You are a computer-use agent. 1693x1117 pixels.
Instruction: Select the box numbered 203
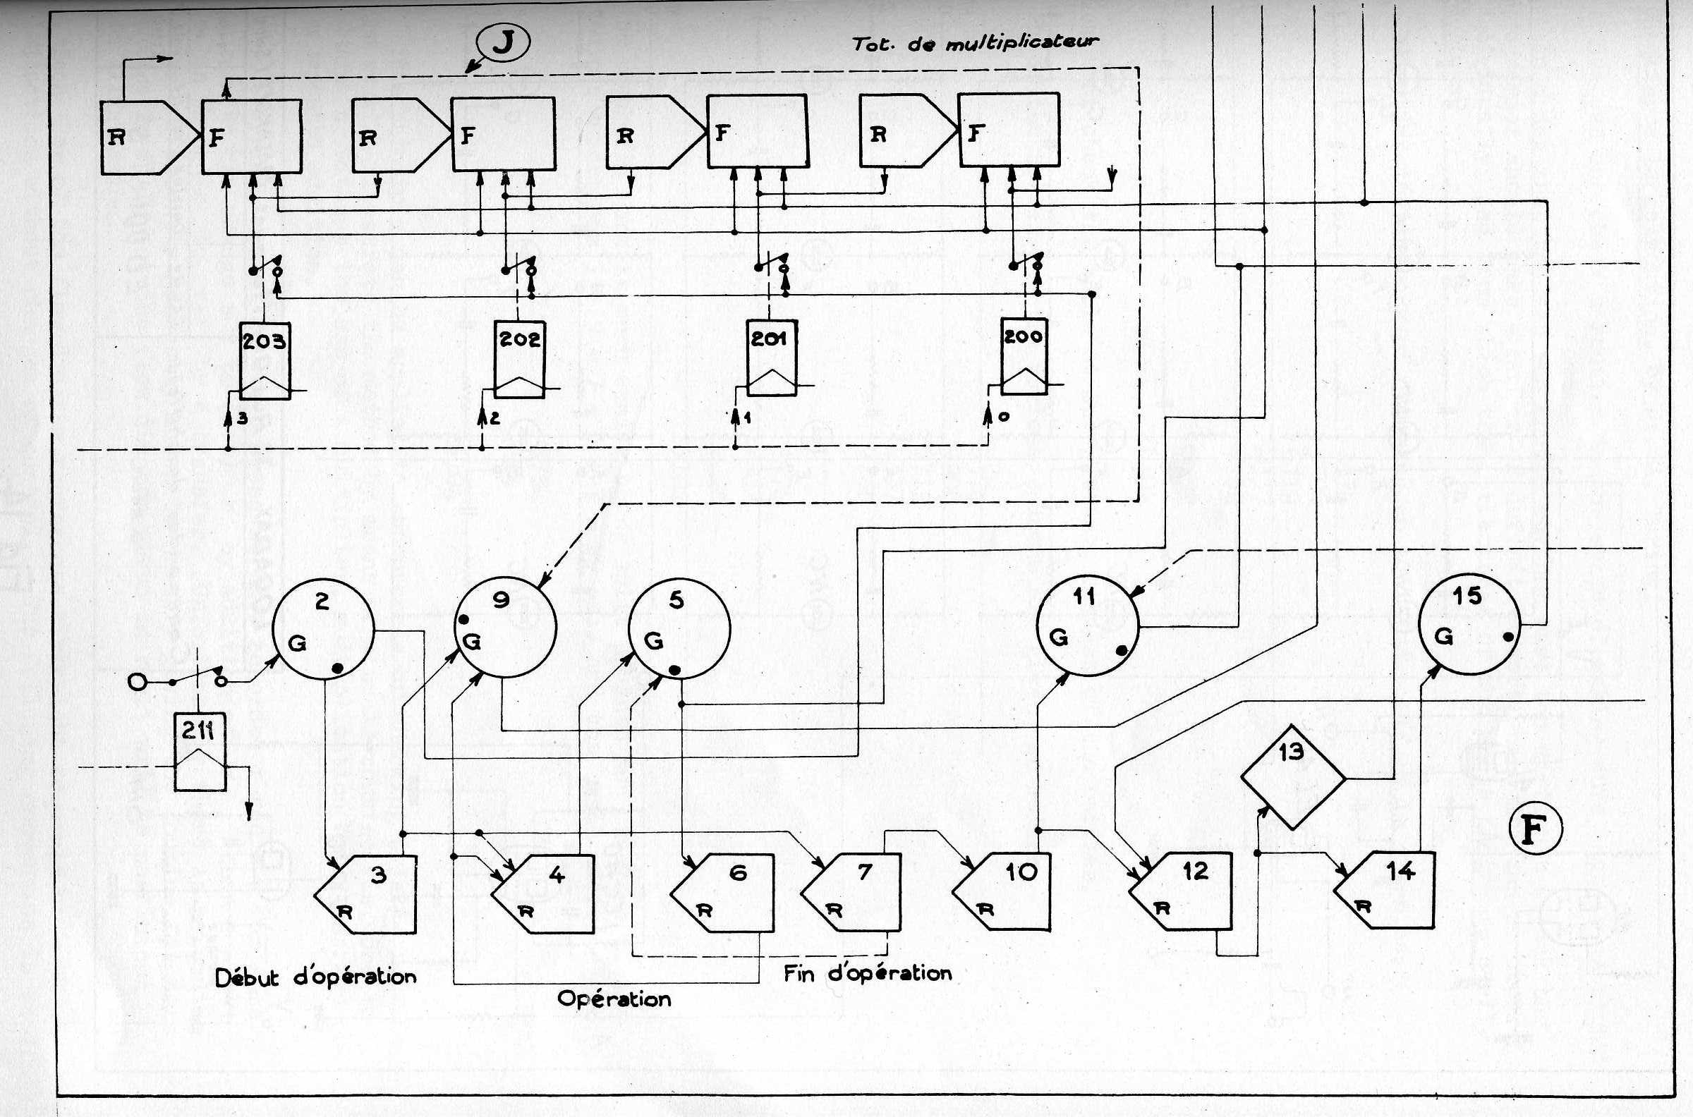tap(265, 360)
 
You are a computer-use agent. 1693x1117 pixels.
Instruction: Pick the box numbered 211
tap(200, 752)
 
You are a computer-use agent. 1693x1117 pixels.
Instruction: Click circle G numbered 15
tap(1469, 624)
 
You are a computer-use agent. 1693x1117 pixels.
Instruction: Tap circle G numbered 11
tap(1086, 625)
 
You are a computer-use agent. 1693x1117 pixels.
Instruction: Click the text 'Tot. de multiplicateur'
tap(975, 43)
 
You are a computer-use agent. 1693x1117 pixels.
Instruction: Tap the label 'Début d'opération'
tap(315, 977)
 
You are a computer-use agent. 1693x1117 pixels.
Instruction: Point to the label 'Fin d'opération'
tap(867, 973)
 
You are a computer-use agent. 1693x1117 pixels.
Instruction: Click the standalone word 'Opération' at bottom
tap(614, 999)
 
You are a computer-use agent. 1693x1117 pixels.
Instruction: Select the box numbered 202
tap(519, 358)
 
